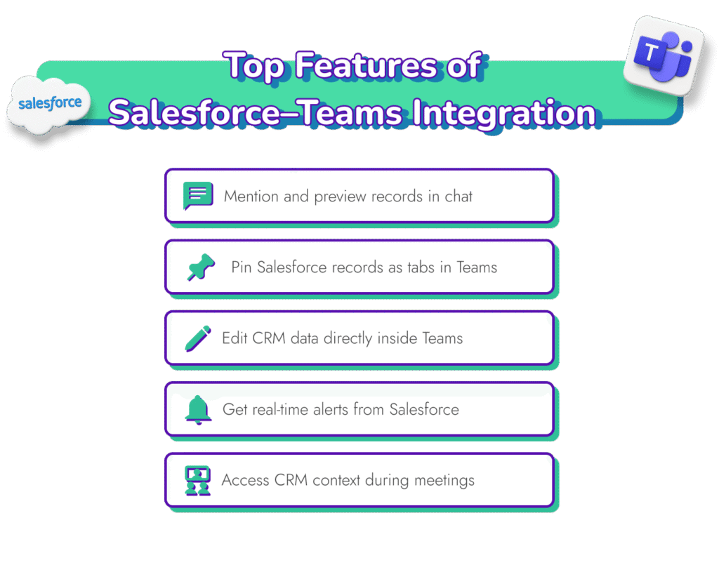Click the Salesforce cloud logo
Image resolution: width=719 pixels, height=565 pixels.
coord(50,105)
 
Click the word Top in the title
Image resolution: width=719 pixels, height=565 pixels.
coord(256,66)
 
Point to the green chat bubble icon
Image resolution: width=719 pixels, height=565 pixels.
coord(197,196)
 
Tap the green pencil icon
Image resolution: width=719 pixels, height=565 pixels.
coord(198,338)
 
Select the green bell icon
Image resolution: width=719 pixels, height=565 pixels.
coord(198,409)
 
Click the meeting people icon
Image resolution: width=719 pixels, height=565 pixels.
coord(198,481)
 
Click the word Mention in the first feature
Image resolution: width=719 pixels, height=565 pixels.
coord(251,197)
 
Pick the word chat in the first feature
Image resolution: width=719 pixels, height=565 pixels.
coord(459,197)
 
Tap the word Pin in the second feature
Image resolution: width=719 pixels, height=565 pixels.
coord(242,267)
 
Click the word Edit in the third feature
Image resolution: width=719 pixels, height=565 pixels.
coord(235,338)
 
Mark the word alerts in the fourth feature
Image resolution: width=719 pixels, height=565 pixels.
coord(329,409)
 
